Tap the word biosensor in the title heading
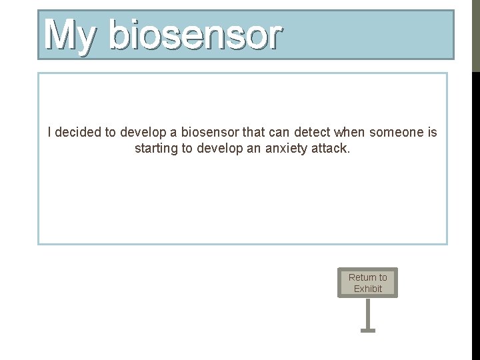[x=195, y=36]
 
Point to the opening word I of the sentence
[x=50, y=133]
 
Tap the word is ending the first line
[x=432, y=133]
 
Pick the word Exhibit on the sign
[x=368, y=289]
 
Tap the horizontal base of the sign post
[x=368, y=329]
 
